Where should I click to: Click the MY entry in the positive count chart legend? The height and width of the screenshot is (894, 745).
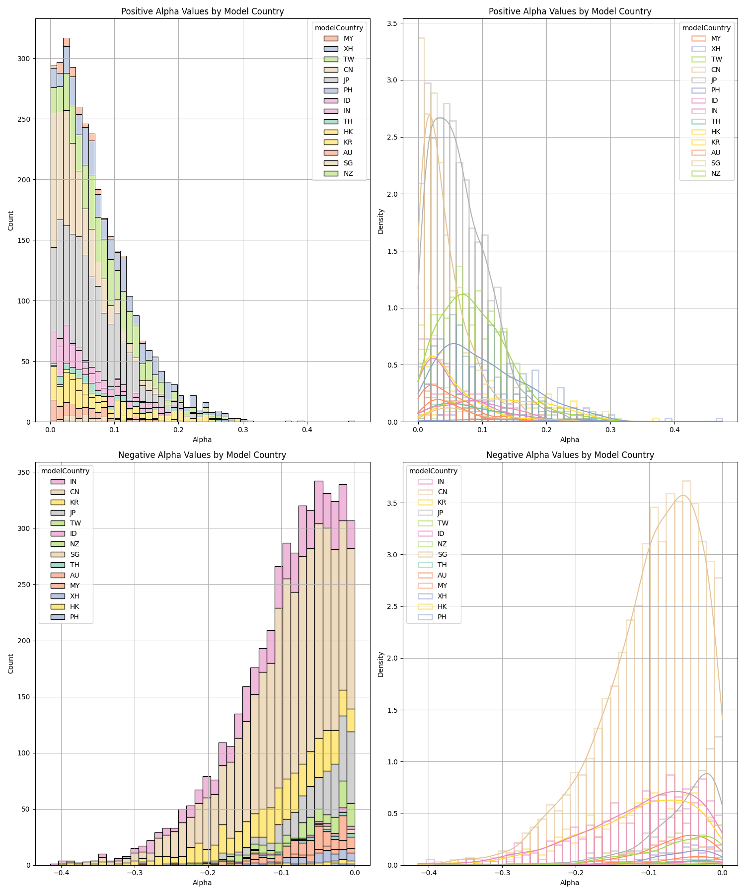[x=348, y=38]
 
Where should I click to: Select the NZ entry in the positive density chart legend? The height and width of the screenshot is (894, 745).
[x=716, y=173]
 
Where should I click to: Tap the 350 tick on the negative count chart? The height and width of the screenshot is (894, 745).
[x=23, y=472]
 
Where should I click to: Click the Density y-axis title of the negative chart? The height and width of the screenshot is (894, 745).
[x=381, y=665]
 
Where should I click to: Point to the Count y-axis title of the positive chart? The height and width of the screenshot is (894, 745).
[x=11, y=221]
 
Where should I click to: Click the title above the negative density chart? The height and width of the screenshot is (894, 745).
[x=570, y=455]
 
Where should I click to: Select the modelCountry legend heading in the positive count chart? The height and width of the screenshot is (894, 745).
[x=339, y=28]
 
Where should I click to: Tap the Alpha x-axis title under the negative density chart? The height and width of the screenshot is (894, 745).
[x=570, y=883]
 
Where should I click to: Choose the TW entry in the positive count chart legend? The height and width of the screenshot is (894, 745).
[x=348, y=59]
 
